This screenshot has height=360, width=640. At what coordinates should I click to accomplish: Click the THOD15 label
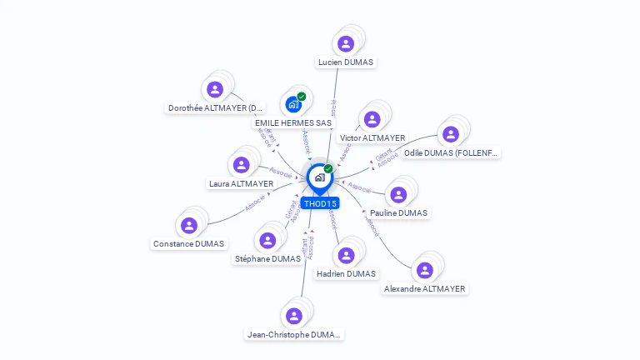320,203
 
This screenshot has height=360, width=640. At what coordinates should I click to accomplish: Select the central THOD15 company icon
319,177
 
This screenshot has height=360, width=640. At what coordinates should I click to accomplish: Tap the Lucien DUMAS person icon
346,43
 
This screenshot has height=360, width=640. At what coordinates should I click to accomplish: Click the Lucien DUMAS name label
347,62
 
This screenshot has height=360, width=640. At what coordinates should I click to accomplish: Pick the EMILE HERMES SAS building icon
292,104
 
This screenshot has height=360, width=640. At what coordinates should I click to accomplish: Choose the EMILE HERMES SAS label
293,123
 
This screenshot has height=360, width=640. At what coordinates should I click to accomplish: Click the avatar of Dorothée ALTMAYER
215,89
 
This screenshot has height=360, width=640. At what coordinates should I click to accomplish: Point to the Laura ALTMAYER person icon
241,165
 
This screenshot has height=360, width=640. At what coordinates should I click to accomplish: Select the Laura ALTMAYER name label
241,184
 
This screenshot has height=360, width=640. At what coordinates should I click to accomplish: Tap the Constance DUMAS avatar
188,225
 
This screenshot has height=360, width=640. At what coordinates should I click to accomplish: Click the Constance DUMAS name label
188,244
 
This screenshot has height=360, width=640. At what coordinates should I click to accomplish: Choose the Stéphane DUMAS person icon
267,240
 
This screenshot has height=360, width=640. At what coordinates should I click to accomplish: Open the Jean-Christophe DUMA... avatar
293,316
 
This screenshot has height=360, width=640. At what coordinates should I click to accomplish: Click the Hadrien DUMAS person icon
346,255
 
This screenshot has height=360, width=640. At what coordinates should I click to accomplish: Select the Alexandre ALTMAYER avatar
424,270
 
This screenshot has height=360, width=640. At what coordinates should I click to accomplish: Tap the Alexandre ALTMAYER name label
425,289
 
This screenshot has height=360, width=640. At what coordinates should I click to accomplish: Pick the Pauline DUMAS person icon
398,194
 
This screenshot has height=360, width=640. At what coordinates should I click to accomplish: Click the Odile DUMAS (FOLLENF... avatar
451,134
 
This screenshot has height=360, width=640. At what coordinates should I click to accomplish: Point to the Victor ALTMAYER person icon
372,119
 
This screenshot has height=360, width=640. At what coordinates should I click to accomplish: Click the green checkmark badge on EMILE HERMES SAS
302,97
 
